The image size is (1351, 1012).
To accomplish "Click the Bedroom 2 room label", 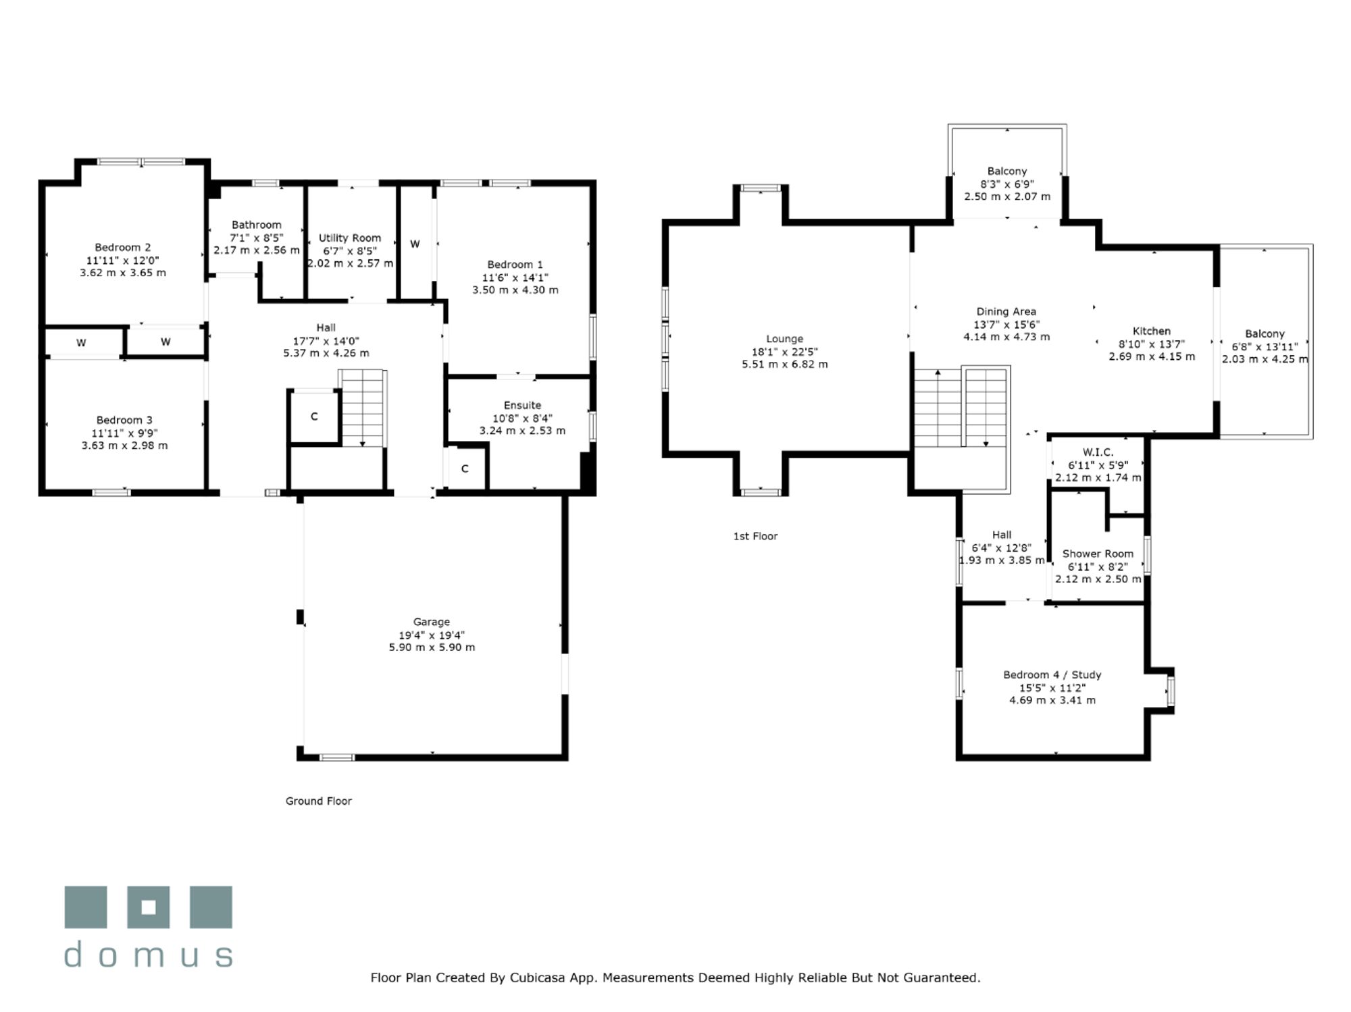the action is coord(123,248).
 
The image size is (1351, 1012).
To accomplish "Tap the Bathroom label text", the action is coord(257,225).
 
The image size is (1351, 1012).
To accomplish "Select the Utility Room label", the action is coord(350,238).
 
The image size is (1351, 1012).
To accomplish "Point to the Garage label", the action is coord(432,622).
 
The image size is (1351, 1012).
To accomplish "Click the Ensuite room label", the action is coord(522,405).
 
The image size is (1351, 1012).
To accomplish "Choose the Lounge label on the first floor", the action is coord(785,339).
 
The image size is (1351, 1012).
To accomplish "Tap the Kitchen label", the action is coord(1152,331).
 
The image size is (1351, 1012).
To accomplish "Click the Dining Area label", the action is coord(1006,311).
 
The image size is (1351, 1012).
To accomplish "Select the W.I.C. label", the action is coord(1098,452).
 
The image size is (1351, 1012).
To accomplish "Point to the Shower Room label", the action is coord(1098,554).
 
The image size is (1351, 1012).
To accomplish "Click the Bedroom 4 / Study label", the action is coord(1052,674).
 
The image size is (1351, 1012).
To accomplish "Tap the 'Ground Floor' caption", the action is coord(319,801).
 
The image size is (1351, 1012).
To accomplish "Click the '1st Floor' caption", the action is coord(755,536).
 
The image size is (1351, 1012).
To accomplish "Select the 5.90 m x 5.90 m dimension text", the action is coord(432,647).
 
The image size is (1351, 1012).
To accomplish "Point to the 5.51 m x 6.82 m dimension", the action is coord(785,365).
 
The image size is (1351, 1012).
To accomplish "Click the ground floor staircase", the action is coord(363,408).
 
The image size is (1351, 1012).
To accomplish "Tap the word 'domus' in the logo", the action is coord(149,955).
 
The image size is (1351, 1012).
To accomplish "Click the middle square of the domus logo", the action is coord(149,907).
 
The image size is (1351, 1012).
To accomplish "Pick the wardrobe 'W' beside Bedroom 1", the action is coord(415,244).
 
